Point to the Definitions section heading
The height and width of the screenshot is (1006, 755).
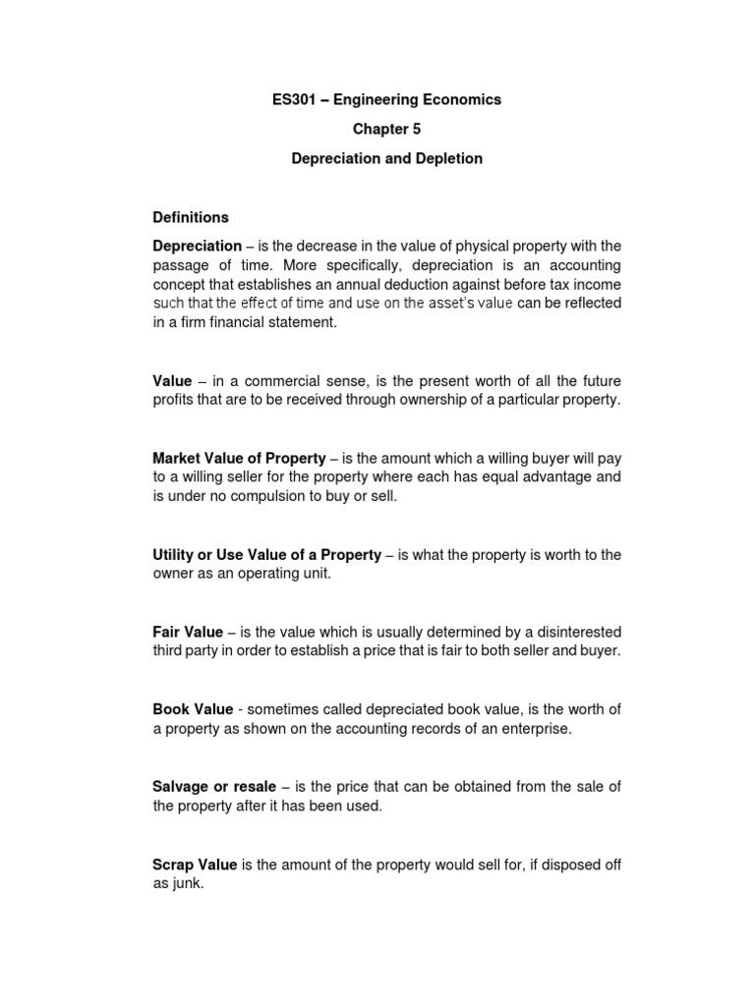(191, 217)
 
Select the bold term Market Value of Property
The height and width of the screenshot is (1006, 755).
(239, 458)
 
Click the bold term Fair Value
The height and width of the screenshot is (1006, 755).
(188, 632)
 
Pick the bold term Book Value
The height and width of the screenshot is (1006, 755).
(193, 709)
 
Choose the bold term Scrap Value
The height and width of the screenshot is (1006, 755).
(195, 865)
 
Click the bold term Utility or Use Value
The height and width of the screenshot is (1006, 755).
(266, 555)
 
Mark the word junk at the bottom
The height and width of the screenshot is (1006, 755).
(189, 883)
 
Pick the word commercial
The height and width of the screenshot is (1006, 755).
(266, 381)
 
